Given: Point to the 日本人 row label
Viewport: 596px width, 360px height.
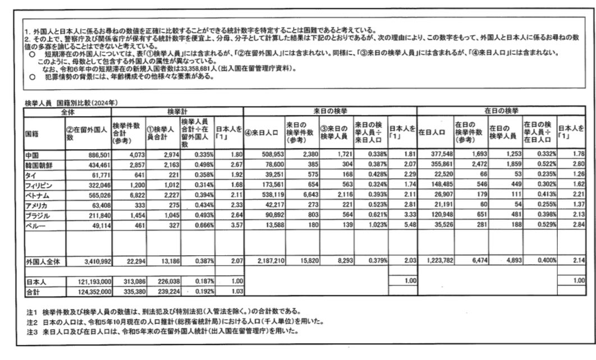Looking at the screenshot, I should [34, 281].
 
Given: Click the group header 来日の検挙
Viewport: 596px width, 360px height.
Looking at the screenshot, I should [330, 112].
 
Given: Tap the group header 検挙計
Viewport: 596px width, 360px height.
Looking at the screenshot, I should [177, 112].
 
